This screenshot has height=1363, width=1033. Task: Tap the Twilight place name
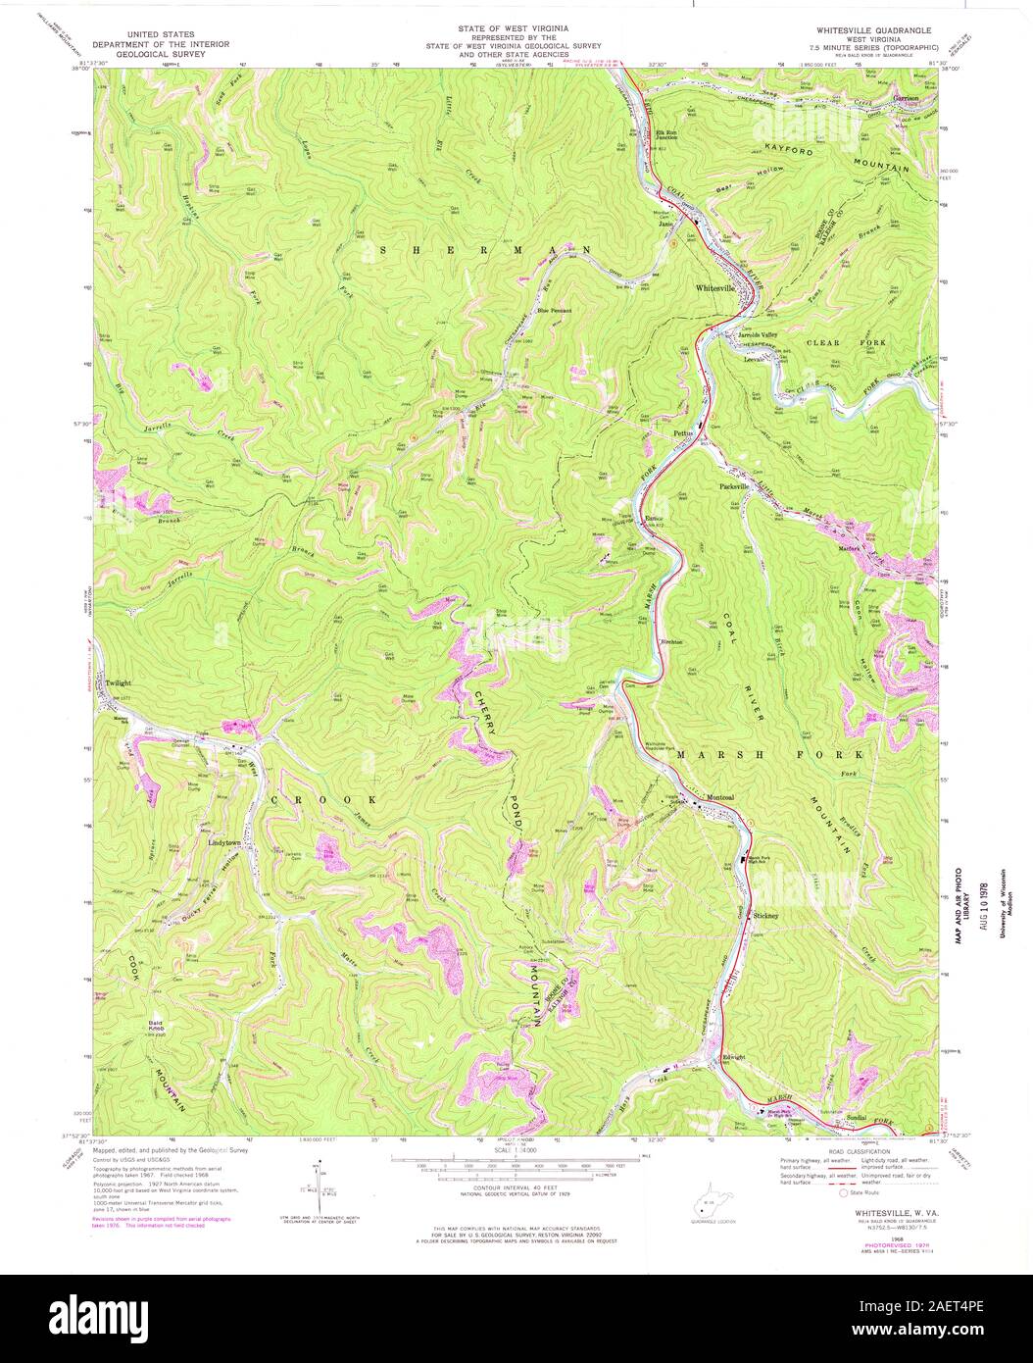[119, 683]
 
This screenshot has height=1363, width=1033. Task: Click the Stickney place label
[766, 916]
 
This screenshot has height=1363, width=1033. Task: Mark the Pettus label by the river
[683, 432]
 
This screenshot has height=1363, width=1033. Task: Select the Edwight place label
[734, 1056]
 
